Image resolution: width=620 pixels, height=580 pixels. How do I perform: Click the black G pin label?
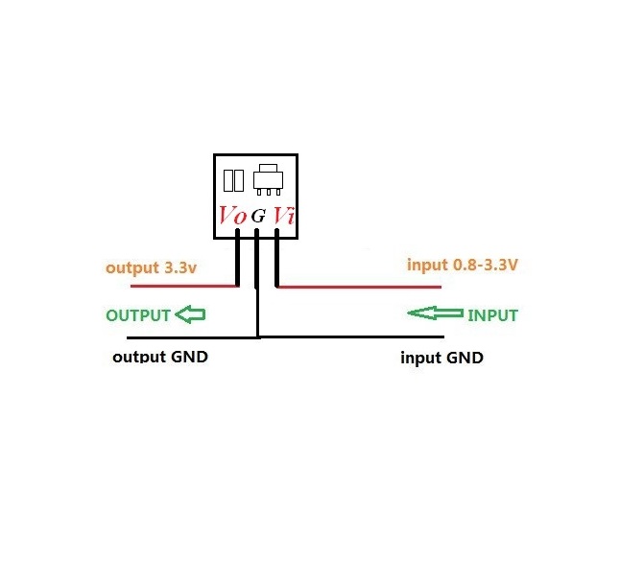coord(257,217)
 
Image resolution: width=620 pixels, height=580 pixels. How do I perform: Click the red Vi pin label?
coord(283,216)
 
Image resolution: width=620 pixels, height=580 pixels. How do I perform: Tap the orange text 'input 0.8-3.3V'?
coord(462,265)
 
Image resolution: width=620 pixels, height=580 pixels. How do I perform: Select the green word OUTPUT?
coord(138,315)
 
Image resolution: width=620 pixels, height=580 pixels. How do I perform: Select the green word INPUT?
coord(492,315)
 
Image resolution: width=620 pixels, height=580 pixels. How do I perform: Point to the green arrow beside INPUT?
coord(435,313)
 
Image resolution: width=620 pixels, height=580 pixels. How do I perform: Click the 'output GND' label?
coord(160,357)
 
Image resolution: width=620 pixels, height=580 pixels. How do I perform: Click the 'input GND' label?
coord(441,358)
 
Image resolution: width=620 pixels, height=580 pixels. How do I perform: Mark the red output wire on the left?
coord(182,286)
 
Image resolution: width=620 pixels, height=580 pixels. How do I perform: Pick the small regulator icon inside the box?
coord(269,179)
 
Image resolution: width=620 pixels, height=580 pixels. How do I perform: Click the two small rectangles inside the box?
coord(232,180)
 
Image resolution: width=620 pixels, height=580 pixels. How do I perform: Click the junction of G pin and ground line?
coord(257,336)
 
